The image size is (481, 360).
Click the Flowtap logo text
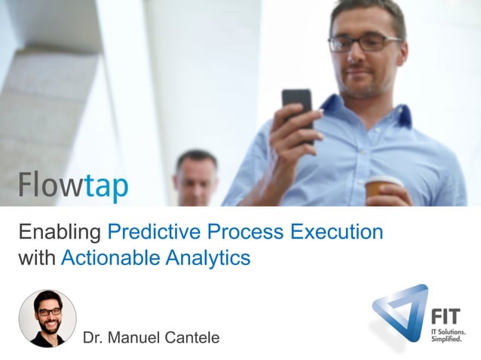click(73, 185)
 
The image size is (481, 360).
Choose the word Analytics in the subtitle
click(208, 258)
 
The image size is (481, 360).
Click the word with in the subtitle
click(36, 258)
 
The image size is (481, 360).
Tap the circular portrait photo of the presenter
click(47, 318)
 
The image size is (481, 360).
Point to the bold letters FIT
click(449, 316)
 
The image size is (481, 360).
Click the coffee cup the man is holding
click(382, 190)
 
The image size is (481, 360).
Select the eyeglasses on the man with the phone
click(365, 42)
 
